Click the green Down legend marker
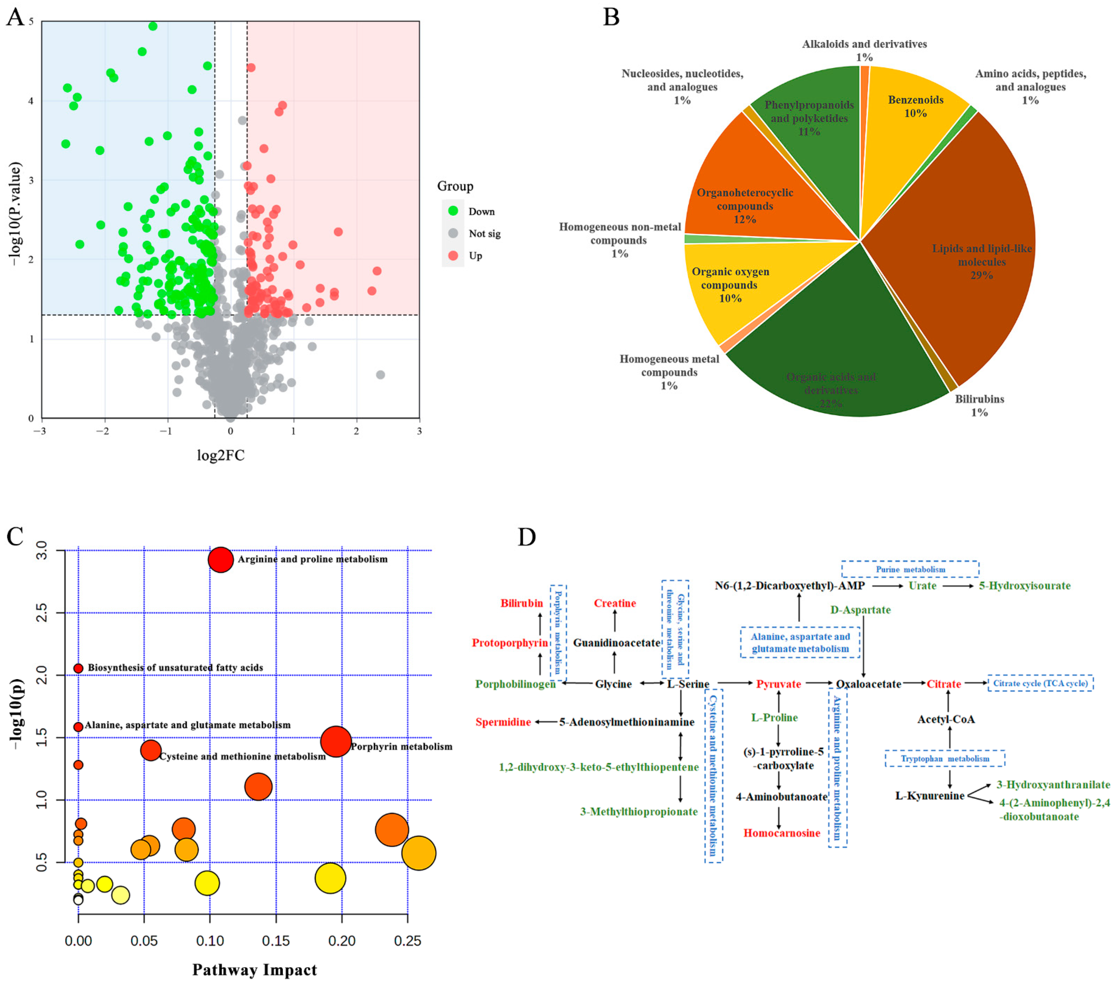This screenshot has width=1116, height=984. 453,211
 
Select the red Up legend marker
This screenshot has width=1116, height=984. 453,255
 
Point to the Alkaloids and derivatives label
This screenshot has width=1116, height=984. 864,44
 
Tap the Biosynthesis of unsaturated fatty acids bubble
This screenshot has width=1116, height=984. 78,668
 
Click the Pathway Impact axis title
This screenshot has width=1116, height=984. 254,970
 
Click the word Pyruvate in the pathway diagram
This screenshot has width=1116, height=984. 778,684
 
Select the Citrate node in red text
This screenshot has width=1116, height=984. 944,684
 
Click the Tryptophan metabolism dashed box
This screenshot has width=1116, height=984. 945,758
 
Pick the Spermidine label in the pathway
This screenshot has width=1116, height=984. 503,722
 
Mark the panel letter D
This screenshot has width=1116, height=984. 527,537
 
